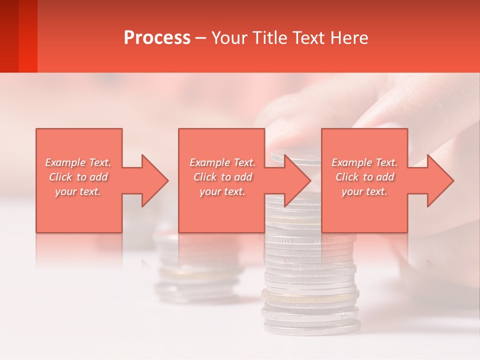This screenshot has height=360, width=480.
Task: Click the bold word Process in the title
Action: coord(157,37)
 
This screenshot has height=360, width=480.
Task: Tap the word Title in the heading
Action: coord(269,37)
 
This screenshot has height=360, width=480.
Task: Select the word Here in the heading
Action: coord(350,37)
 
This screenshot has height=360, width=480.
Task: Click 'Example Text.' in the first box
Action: coord(78,162)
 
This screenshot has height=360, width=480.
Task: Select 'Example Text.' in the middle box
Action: coord(222,162)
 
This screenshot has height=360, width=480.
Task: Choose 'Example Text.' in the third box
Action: coord(364,162)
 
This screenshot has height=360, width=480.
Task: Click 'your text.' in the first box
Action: coord(78,191)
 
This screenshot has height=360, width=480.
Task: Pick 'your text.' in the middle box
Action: coord(222,191)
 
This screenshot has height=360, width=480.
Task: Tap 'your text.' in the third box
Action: coord(364,191)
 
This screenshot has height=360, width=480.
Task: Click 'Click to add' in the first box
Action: coord(78,177)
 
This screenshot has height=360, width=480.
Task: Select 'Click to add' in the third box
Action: coord(364,177)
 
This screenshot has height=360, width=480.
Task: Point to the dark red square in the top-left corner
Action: coord(18,36)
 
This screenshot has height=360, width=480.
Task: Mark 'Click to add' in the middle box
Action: coord(222,177)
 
